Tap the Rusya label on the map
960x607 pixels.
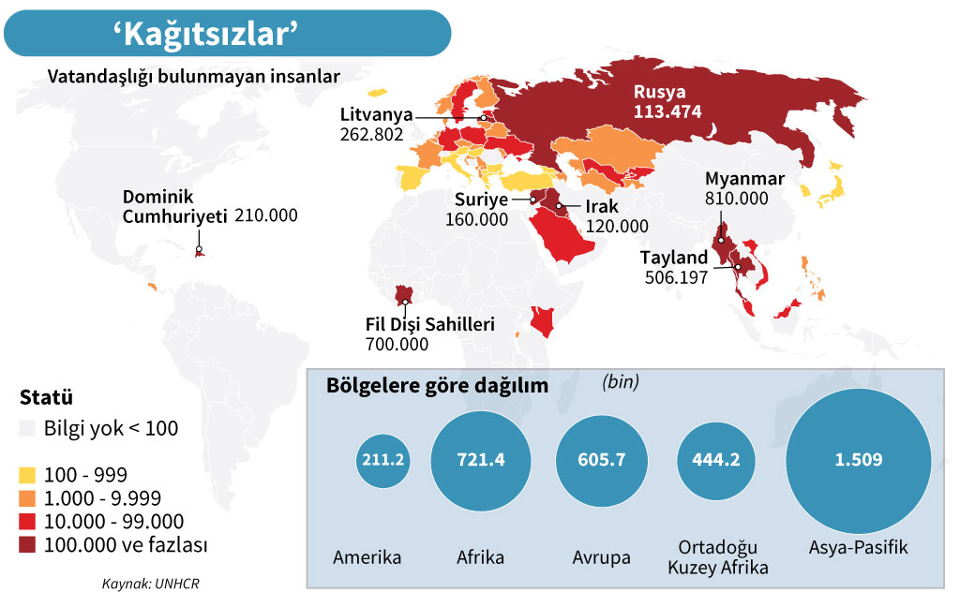click(x=660, y=93)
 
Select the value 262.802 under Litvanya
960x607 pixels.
click(x=371, y=134)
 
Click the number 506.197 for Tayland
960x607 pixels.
click(x=676, y=277)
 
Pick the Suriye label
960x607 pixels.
click(x=481, y=200)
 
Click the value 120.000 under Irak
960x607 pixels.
click(x=616, y=226)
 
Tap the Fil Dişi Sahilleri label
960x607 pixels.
click(x=429, y=325)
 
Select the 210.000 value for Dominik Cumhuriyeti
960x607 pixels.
click(x=265, y=215)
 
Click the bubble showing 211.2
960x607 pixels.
click(x=382, y=460)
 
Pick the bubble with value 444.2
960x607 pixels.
click(x=716, y=460)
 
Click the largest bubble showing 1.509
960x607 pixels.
click(x=859, y=460)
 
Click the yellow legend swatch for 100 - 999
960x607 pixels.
click(x=28, y=475)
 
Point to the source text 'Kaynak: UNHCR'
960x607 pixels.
click(x=151, y=585)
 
